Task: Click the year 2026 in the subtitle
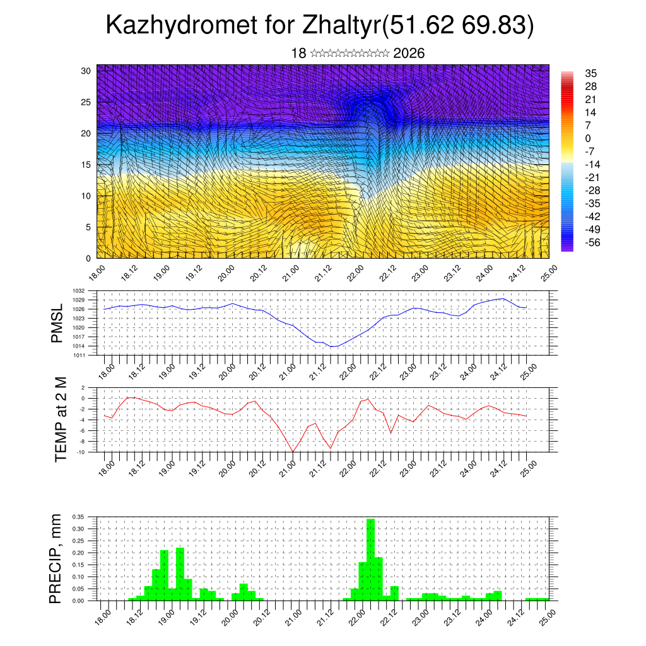pos(409,54)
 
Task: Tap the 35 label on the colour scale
pos(590,73)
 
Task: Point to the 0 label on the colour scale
pos(588,138)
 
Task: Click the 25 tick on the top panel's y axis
pos(86,102)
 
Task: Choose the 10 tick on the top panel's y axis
pos(86,196)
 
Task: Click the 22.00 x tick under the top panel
pos(355,273)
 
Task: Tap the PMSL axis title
pos(57,323)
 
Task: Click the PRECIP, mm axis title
pos(57,559)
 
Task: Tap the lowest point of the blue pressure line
pos(334,346)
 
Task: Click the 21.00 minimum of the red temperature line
pos(293,451)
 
